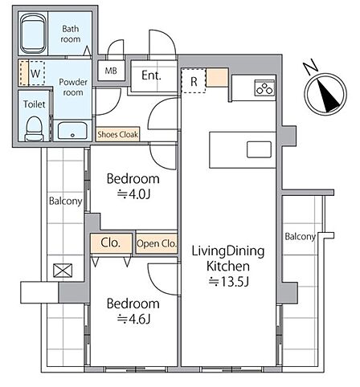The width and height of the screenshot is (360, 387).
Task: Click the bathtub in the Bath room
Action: pos(33,34)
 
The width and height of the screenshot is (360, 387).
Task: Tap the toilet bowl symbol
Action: pos(35,128)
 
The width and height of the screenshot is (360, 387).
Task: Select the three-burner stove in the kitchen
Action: pos(265,88)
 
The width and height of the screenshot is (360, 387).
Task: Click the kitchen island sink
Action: pos(259,149)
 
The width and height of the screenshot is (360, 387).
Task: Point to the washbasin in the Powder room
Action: pos(72,130)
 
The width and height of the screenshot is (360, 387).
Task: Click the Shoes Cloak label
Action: pos(118,134)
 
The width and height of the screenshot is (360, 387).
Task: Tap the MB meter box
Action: pos(111,71)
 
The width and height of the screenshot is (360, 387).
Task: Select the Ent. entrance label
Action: pos(152,75)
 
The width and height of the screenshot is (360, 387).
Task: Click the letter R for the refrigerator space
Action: pos(194,81)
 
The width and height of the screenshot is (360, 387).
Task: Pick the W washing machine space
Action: pos(35,73)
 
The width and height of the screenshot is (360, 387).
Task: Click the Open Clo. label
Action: pos(157,243)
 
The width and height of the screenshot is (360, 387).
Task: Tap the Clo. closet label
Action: pos(110,242)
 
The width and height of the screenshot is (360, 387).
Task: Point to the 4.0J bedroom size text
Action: pos(133,194)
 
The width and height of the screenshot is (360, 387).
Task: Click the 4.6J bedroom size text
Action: pos(133,319)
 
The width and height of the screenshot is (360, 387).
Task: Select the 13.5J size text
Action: pos(229,282)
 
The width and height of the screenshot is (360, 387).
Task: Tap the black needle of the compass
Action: pos(327,96)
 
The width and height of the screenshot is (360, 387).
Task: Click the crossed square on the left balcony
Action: pos(63,271)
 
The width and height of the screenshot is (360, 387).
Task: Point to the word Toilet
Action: pos(35,104)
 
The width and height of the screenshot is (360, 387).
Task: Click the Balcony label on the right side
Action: pos(300,237)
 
